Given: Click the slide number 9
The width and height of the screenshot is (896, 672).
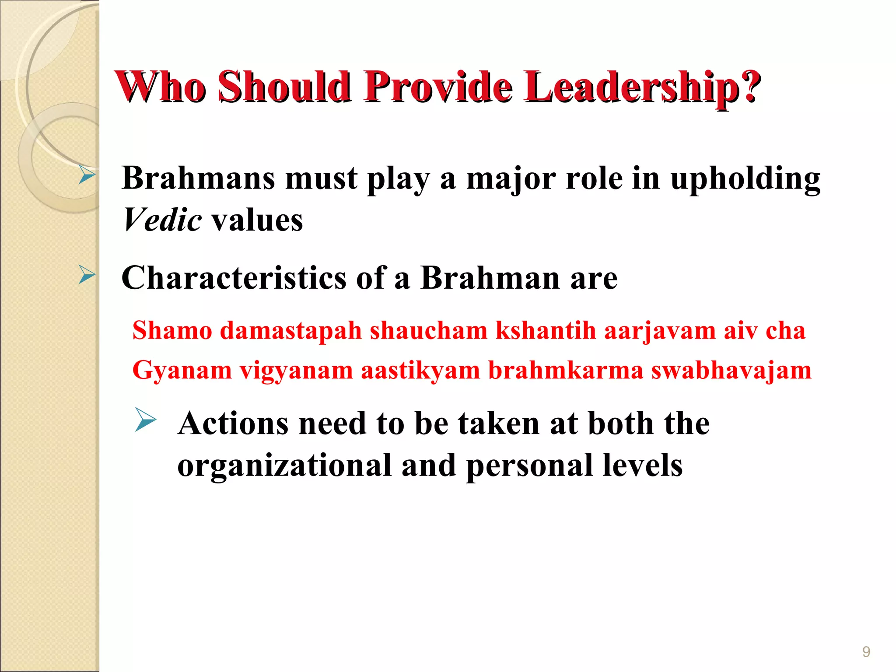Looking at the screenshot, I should click(866, 652).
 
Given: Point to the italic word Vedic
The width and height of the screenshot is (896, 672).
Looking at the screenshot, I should click(162, 220).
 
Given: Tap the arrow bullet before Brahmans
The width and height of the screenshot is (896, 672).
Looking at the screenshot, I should click(87, 175).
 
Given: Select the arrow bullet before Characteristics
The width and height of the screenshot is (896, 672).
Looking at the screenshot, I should click(87, 276).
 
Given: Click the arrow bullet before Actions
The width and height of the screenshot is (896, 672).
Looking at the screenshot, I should click(145, 420).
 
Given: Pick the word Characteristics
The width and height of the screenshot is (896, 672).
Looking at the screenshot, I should click(234, 278).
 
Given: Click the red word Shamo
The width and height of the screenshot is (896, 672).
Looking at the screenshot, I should click(172, 330).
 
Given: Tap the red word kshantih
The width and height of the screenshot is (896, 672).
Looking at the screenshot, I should click(546, 330).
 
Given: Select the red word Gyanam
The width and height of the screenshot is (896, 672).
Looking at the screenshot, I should click(182, 370).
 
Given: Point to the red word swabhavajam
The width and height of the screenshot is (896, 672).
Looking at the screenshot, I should click(731, 370).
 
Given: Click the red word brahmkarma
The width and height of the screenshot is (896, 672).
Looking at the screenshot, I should click(565, 370).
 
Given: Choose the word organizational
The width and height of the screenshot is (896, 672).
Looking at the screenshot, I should click(284, 465).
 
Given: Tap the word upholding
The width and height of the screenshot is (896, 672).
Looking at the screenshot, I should click(745, 179).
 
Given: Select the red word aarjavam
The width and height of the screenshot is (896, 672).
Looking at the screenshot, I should click(660, 330).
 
